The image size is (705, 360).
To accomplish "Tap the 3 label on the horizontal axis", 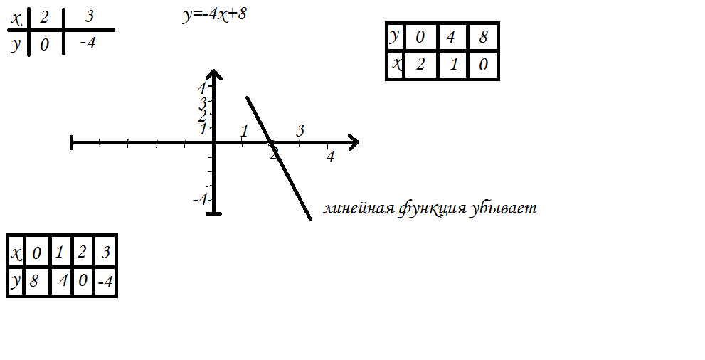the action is click(300, 131).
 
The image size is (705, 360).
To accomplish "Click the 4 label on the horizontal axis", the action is click(330, 157).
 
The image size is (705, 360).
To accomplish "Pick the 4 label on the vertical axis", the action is click(201, 88).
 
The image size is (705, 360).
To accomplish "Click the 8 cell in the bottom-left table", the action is click(34, 282).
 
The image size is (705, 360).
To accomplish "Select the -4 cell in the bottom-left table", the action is click(106, 282).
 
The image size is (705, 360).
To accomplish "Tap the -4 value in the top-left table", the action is click(88, 44).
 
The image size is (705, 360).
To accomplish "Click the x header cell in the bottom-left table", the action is click(16, 253).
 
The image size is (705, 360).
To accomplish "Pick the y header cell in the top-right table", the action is click(395, 36).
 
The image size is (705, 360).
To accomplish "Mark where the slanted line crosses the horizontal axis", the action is click(270, 142).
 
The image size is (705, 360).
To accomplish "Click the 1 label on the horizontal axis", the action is click(244, 132).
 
